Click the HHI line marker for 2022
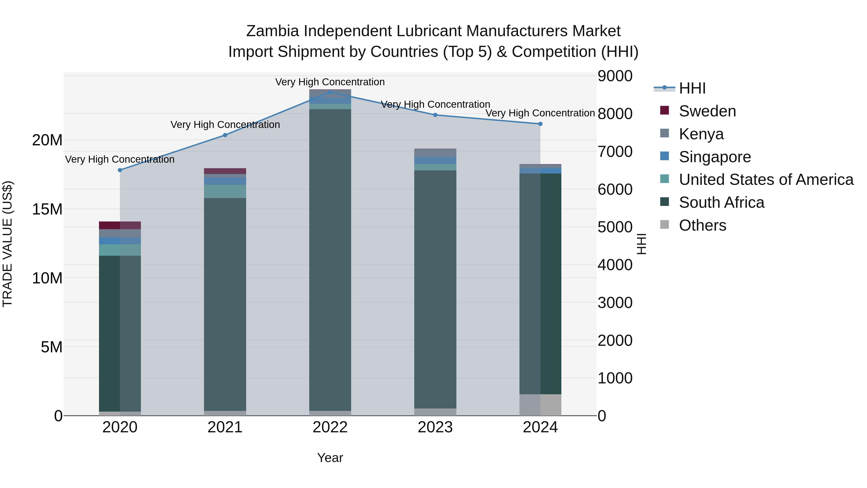(x=330, y=92)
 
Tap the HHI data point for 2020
(x=120, y=170)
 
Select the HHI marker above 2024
(x=540, y=124)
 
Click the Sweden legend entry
(x=707, y=111)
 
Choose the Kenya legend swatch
(x=665, y=133)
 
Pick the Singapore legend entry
(x=715, y=157)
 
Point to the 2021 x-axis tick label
(x=225, y=427)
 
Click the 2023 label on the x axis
(x=435, y=427)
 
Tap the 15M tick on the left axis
(x=47, y=209)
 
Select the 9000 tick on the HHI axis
(x=615, y=76)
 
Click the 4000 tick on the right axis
(x=615, y=265)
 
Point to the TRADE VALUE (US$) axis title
(x=8, y=244)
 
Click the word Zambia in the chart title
(x=272, y=31)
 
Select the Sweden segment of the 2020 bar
(x=120, y=225)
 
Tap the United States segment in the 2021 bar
(x=225, y=191)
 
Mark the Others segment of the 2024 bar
(x=540, y=405)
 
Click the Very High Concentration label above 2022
(x=330, y=82)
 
